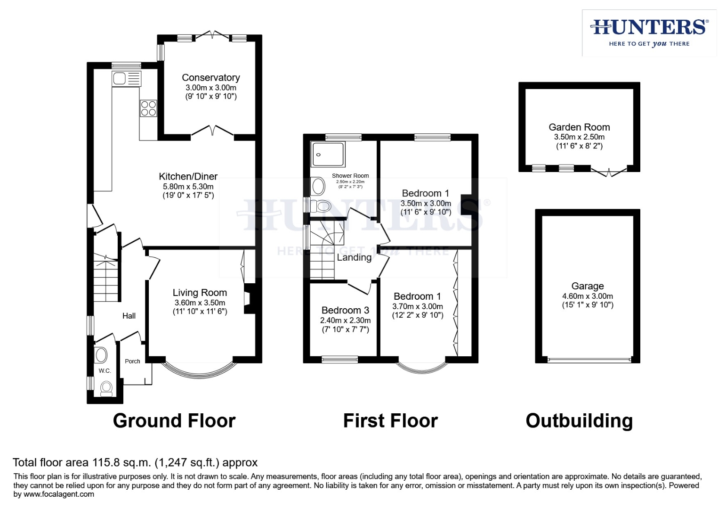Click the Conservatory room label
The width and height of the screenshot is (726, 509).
pyautogui.click(x=211, y=78)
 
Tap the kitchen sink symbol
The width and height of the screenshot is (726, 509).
pyautogui.click(x=126, y=78)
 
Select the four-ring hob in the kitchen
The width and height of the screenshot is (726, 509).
pyautogui.click(x=148, y=108)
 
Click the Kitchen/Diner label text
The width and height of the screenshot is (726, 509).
pyautogui.click(x=188, y=177)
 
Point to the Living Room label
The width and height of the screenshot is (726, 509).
pyautogui.click(x=200, y=293)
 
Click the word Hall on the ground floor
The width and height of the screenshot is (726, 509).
pyautogui.click(x=129, y=316)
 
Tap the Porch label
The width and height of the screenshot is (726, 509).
pyautogui.click(x=132, y=361)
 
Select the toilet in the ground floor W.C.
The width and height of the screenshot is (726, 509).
pyautogui.click(x=106, y=387)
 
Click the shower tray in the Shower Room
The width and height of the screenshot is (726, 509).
pyautogui.click(x=328, y=154)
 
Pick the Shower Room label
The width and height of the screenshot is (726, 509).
pyautogui.click(x=350, y=176)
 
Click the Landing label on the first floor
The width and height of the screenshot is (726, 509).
pyautogui.click(x=354, y=257)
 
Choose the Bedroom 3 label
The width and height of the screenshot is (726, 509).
pyautogui.click(x=345, y=310)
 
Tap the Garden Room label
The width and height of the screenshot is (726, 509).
pyautogui.click(x=579, y=127)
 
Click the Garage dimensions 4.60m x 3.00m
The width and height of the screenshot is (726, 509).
pyautogui.click(x=588, y=296)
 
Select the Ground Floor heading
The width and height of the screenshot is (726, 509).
pyautogui.click(x=174, y=421)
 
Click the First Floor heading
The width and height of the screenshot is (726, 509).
pyautogui.click(x=390, y=421)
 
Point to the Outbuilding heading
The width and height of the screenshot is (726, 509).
pyautogui.click(x=579, y=421)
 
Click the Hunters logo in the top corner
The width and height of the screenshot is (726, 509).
pyautogui.click(x=649, y=33)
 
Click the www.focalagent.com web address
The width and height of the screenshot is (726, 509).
pyautogui.click(x=59, y=494)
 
